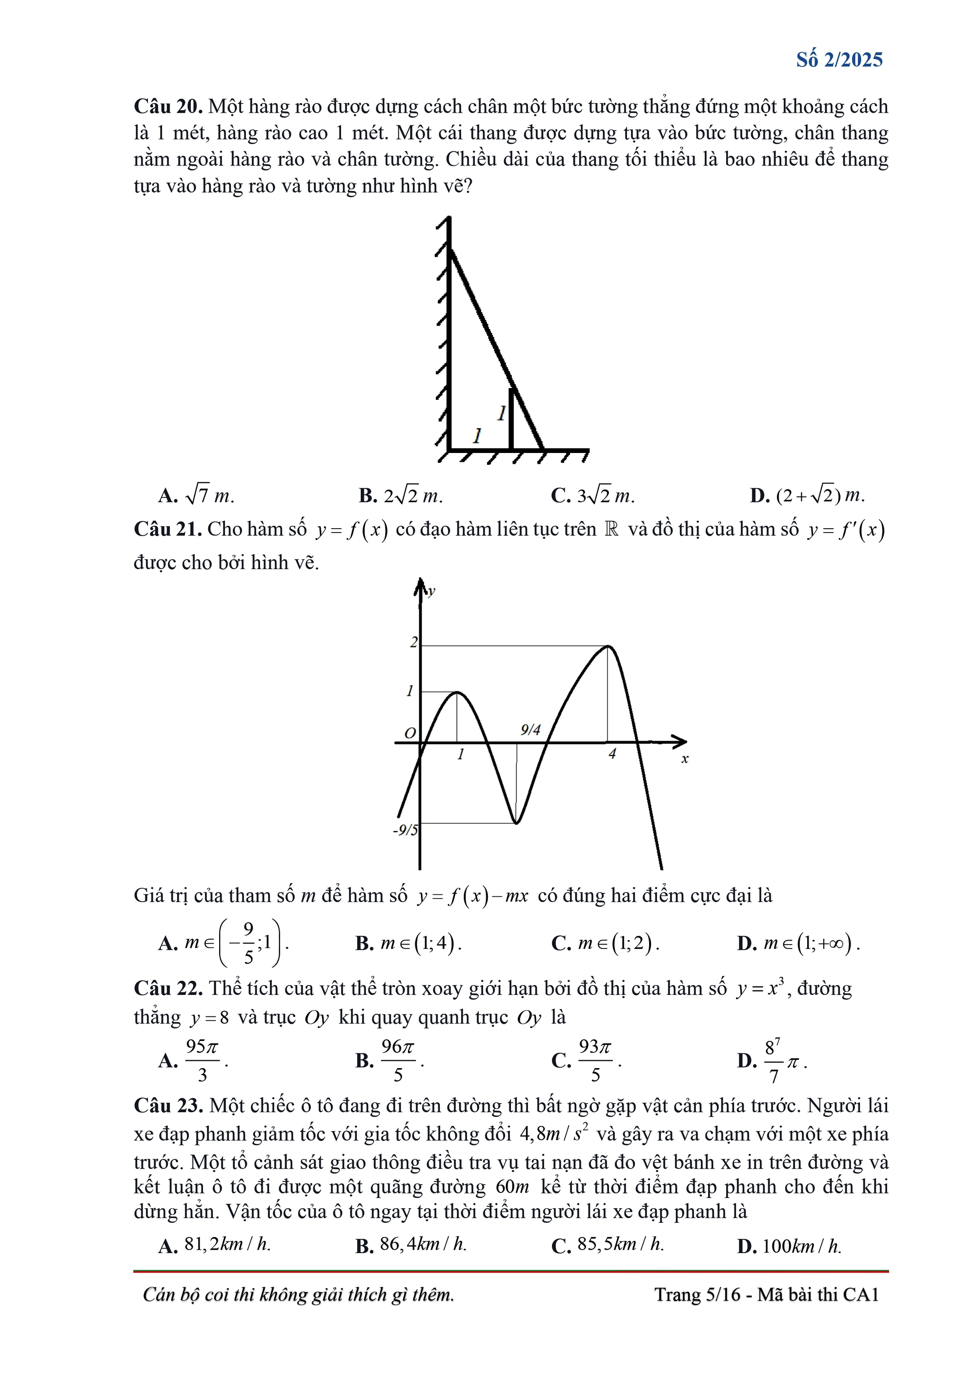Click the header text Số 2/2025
[x=839, y=60]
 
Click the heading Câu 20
[x=167, y=106]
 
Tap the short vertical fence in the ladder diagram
[x=511, y=419]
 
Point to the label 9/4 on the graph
[x=530, y=730]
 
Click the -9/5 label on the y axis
[x=406, y=831]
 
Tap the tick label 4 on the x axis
[x=612, y=754]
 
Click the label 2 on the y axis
[x=414, y=642]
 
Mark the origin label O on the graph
[x=410, y=733]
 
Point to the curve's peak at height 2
[x=609, y=647]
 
